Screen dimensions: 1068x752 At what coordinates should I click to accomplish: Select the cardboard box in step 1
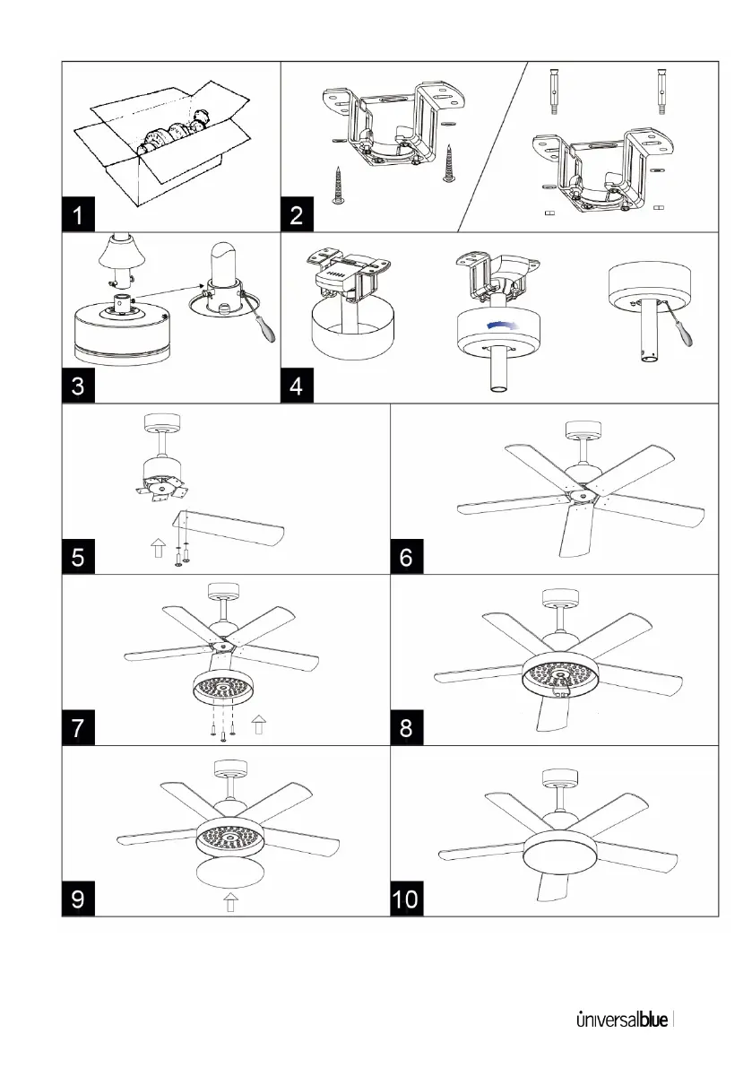[159, 148]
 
